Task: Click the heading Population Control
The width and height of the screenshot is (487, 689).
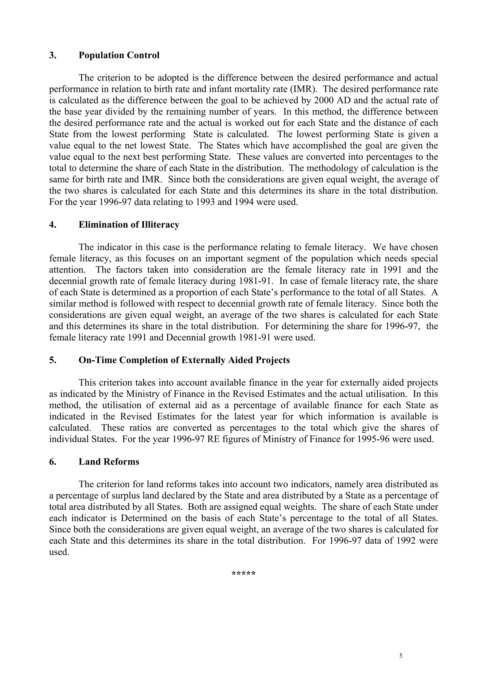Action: click(119, 55)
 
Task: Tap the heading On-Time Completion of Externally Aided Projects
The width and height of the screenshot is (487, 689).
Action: click(184, 360)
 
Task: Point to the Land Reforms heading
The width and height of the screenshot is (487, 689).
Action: click(109, 462)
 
